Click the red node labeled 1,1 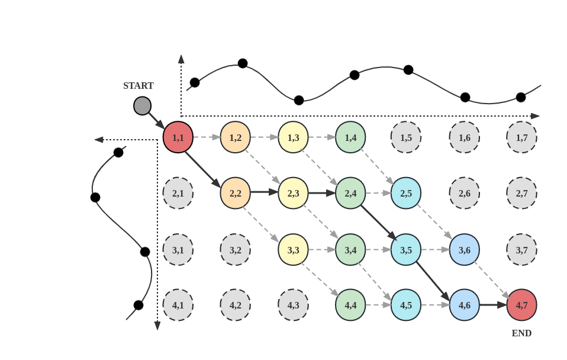(178, 137)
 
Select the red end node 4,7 (521, 305)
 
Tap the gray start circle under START (142, 106)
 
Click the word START (138, 86)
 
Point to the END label (521, 333)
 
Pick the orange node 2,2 (236, 193)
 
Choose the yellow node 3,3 (293, 249)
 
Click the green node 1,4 (350, 137)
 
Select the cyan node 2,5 (406, 193)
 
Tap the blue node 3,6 (464, 249)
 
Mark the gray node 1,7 (521, 137)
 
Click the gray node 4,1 (178, 305)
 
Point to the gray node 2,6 (464, 193)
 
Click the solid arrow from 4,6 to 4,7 (492, 305)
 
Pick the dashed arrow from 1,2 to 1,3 (264, 137)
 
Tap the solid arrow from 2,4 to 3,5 (378, 221)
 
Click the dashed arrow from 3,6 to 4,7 (492, 277)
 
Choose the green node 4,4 (350, 305)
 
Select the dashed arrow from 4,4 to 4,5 (378, 305)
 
